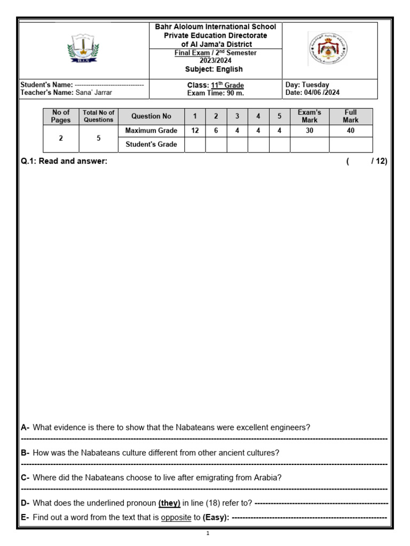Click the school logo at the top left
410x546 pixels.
83,49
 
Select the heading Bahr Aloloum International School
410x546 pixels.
215,27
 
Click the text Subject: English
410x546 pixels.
214,69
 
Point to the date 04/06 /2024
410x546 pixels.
320,93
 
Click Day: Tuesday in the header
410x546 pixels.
307,85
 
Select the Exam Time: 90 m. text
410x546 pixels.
215,93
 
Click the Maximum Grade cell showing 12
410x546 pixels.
195,131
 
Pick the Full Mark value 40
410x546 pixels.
350,131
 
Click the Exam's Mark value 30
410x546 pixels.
309,131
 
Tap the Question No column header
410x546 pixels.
151,116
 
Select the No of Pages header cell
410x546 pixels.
60,116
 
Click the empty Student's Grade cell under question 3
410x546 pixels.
237,144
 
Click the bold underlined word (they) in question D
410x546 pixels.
169,503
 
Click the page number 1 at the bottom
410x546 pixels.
207,533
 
